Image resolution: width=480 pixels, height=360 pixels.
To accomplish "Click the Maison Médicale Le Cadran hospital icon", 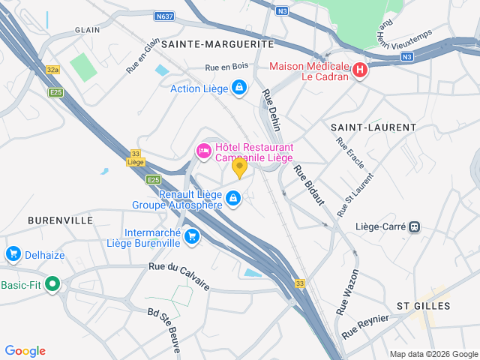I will tap(359, 71).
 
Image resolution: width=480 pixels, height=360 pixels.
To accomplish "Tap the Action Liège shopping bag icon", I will tap(238, 88).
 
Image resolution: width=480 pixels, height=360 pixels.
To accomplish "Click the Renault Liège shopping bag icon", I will tap(233, 198).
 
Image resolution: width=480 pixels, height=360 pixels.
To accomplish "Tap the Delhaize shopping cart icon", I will tap(13, 254).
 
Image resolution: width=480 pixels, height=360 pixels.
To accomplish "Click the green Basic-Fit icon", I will tap(52, 284).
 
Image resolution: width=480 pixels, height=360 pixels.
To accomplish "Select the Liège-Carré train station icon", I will tap(414, 226).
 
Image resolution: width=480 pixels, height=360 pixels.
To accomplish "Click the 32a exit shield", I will tap(52, 70).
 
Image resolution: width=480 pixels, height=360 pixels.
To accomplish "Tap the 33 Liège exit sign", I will tap(135, 157).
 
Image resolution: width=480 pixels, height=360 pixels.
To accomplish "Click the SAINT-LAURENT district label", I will tap(373, 127).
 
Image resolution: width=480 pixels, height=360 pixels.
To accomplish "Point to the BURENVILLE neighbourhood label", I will tap(60, 220).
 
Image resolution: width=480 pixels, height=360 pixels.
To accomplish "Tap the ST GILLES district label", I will tap(424, 306).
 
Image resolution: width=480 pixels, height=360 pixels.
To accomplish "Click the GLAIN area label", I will tap(87, 30).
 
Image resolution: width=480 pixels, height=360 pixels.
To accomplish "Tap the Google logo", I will tap(25, 350).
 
